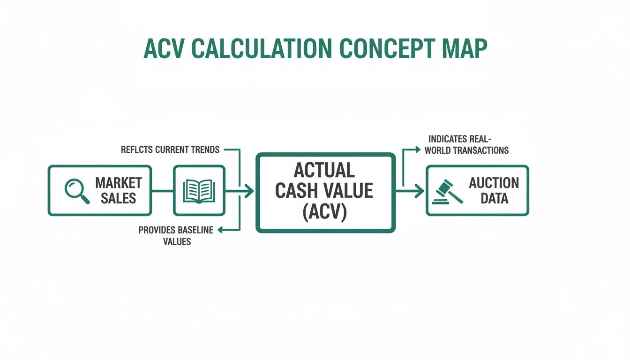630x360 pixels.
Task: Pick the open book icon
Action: pyautogui.click(x=199, y=191)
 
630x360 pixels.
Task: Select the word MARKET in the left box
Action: pyautogui.click(x=119, y=183)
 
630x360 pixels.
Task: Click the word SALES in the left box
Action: pyautogui.click(x=118, y=198)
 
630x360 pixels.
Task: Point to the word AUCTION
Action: pyautogui.click(x=494, y=183)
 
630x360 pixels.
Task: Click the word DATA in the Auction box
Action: pyautogui.click(x=494, y=198)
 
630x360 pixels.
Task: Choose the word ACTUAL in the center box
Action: pyautogui.click(x=324, y=170)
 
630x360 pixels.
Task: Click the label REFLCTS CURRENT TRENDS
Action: pyautogui.click(x=170, y=150)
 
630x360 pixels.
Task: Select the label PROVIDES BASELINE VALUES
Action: pyautogui.click(x=176, y=236)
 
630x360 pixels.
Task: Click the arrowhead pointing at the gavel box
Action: pyautogui.click(x=420, y=191)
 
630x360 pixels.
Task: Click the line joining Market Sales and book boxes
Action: pyautogui.click(x=162, y=191)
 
